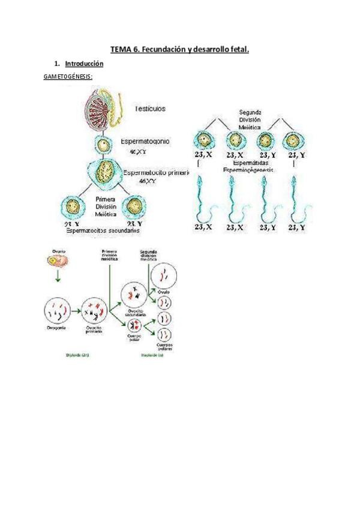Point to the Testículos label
point(150,109)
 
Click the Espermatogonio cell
point(104,145)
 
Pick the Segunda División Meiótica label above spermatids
point(250,120)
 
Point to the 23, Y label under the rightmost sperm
point(298,227)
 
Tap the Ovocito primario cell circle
point(95,310)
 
